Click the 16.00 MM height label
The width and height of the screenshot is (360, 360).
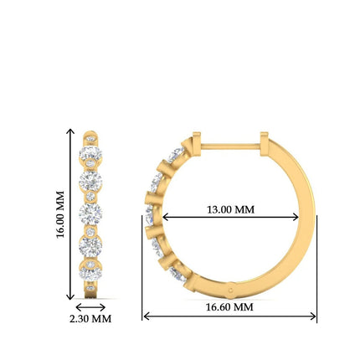click(x=60, y=215)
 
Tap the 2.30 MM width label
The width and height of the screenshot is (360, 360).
click(x=90, y=319)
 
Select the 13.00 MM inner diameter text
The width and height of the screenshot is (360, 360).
click(x=229, y=209)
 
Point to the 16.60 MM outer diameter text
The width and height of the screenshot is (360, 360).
click(x=229, y=307)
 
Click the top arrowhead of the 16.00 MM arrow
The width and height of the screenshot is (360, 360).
click(x=69, y=133)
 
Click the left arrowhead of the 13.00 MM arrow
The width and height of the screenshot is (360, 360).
click(x=165, y=217)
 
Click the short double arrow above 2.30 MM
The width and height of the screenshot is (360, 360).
click(x=90, y=307)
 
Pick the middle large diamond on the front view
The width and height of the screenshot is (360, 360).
click(x=90, y=212)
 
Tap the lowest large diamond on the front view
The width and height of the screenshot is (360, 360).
click(x=90, y=270)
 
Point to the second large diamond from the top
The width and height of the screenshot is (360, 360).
click(x=90, y=182)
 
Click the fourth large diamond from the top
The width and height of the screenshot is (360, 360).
click(x=90, y=243)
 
